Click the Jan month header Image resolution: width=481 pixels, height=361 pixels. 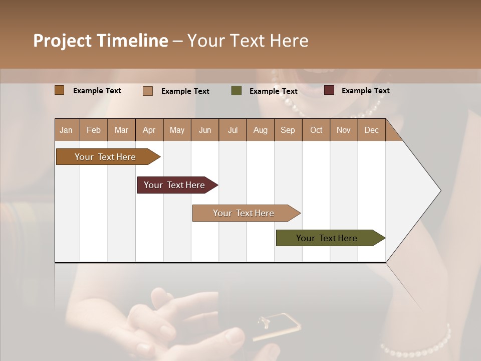[x=66, y=130]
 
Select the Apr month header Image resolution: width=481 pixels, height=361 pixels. [x=149, y=130]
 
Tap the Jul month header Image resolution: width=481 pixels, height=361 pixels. [x=233, y=130]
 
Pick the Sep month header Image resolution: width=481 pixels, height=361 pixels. [x=288, y=130]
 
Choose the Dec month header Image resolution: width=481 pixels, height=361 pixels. [x=371, y=130]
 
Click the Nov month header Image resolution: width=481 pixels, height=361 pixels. [x=344, y=130]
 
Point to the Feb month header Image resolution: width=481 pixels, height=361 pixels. [x=94, y=130]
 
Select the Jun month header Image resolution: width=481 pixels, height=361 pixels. [x=205, y=130]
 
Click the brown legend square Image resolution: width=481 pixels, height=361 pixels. [x=59, y=90]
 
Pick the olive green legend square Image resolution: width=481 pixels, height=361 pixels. [x=236, y=91]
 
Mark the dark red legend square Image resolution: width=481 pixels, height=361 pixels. [x=329, y=90]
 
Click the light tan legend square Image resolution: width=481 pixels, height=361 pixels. [x=148, y=91]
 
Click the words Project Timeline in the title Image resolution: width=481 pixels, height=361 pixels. [x=101, y=41]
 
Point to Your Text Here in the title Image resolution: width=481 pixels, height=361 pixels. [x=248, y=41]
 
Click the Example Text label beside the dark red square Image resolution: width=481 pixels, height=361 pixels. [x=365, y=90]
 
